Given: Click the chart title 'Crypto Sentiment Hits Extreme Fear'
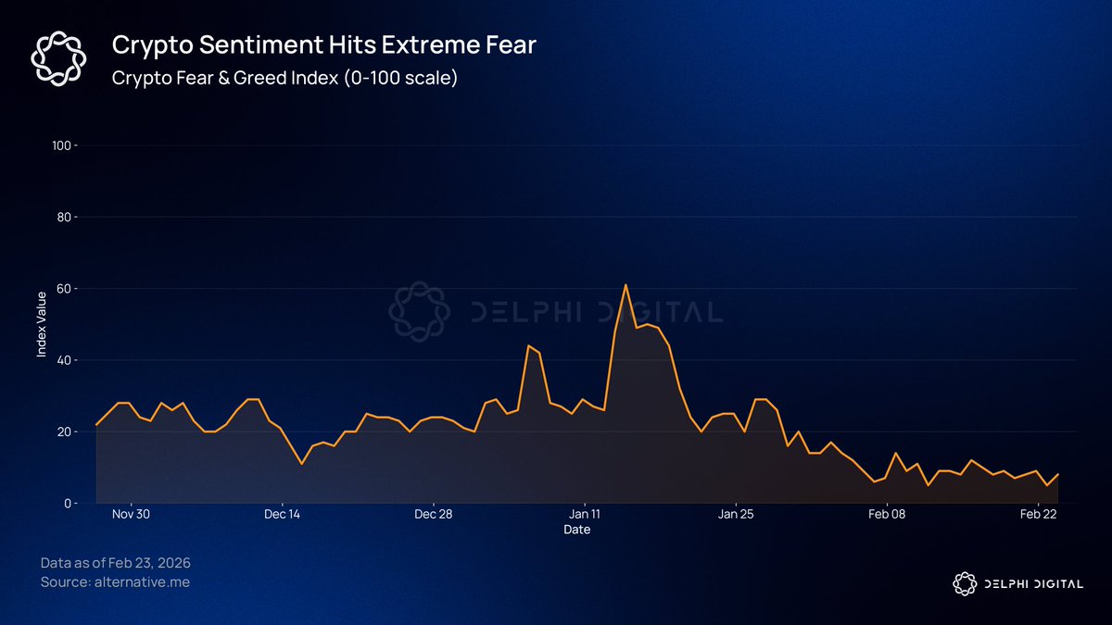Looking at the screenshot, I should [x=323, y=44].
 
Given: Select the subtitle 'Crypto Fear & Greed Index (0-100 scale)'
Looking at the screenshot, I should [x=284, y=78].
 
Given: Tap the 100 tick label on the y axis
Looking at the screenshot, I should [x=60, y=145].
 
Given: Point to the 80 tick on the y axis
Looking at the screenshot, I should [x=63, y=217].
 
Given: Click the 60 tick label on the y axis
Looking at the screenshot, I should [x=63, y=289].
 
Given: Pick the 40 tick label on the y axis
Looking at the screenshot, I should [x=63, y=360].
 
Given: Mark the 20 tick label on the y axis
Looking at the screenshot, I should [x=63, y=431].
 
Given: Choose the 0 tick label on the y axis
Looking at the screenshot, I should [x=66, y=503].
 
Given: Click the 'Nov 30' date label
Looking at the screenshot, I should [x=131, y=514].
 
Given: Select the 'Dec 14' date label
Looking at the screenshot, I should [x=282, y=514].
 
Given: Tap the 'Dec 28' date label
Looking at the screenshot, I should [x=433, y=514].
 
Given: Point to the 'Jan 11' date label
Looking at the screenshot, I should [x=585, y=514].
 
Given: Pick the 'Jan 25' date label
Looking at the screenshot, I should [x=736, y=514].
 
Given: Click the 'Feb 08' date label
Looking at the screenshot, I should [x=887, y=514].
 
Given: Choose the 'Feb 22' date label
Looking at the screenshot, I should [x=1038, y=514].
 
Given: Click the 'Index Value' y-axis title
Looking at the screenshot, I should [x=42, y=324].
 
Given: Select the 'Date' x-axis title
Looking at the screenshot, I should [x=576, y=530].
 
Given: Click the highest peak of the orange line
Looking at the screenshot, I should [x=625, y=285].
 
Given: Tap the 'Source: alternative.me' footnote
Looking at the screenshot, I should [x=115, y=582].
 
